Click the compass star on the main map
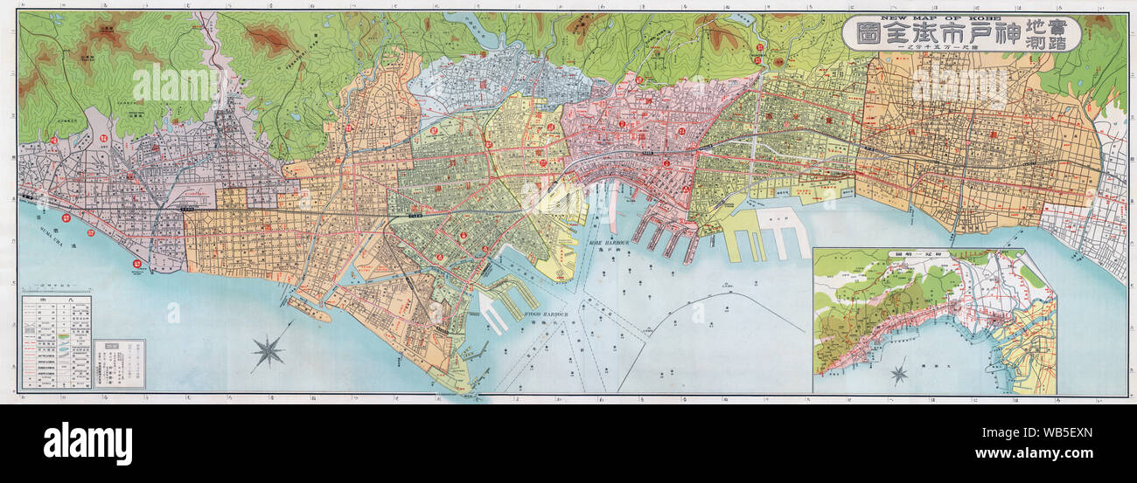(x=269, y=350)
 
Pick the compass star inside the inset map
(x=898, y=375)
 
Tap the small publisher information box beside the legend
(x=119, y=362)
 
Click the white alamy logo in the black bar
(x=87, y=444)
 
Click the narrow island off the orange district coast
(x=308, y=308)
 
